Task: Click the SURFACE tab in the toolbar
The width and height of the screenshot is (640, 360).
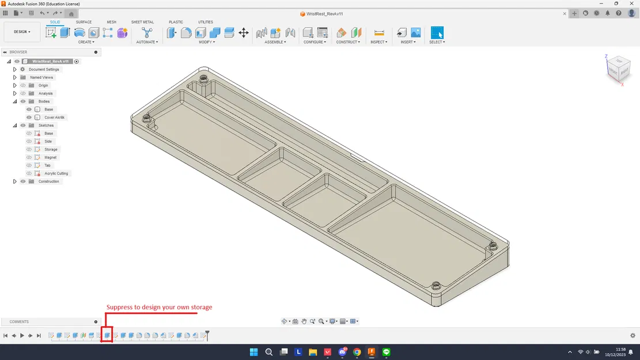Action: (84, 22)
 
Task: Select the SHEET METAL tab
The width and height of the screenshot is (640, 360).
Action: (142, 22)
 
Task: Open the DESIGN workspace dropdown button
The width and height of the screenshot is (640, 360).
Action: (22, 32)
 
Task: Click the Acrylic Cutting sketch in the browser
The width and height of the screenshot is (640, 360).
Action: (56, 173)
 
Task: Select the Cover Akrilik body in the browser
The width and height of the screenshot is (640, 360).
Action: (55, 118)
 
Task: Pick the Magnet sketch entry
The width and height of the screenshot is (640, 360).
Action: (51, 157)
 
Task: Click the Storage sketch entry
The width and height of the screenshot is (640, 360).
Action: (51, 149)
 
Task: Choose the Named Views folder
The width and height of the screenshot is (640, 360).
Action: (41, 77)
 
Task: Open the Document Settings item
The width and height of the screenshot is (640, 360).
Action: (44, 69)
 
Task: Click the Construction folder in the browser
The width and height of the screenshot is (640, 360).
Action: (48, 181)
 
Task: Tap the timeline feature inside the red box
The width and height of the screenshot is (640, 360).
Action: (107, 335)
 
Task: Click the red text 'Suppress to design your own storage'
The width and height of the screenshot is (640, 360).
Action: (159, 307)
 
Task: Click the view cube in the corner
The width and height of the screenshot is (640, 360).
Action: (615, 69)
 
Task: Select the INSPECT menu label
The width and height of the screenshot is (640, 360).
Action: (378, 42)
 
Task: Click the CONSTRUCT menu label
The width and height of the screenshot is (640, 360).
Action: (348, 42)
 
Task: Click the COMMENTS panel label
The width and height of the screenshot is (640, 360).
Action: (19, 322)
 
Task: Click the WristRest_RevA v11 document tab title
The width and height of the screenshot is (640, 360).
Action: (326, 13)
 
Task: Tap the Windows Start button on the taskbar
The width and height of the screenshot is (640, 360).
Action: (253, 351)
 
